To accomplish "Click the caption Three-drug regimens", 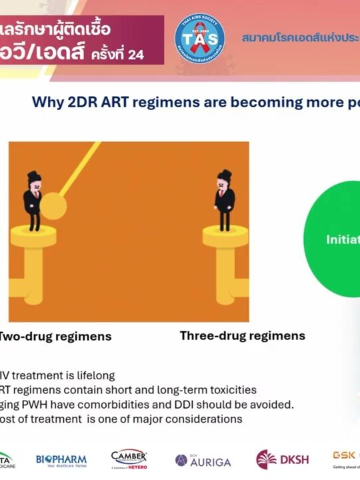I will (242, 335).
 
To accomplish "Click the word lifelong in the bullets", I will (96, 375).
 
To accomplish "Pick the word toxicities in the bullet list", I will (231, 390).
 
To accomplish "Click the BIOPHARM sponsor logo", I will (61, 460).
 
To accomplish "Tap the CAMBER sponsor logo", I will (129, 459).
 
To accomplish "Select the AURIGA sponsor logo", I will (203, 461).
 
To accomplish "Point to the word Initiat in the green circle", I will (343, 240).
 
